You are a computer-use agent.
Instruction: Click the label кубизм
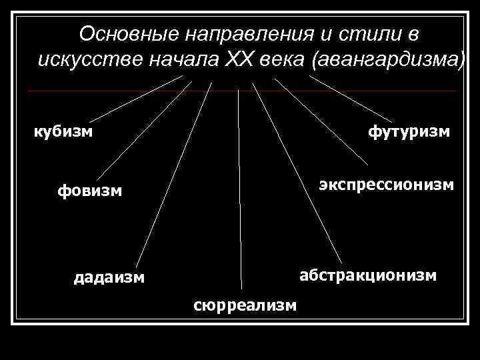point(63,131)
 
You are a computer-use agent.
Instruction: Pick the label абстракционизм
point(368,274)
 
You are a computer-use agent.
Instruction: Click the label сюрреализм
point(245,305)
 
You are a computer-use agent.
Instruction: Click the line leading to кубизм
point(137,97)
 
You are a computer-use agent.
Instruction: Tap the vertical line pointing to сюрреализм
point(239,187)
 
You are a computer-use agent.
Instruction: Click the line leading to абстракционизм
point(297,175)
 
